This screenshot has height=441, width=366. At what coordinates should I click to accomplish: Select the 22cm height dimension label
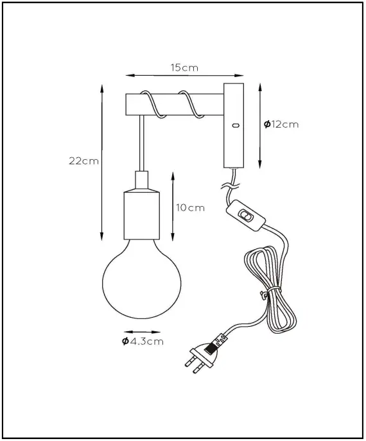(x=83, y=161)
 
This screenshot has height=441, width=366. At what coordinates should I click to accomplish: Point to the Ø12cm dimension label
(x=281, y=124)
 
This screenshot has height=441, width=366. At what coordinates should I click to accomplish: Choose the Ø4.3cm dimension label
(x=143, y=342)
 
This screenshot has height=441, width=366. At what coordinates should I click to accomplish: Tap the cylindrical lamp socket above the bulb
(x=141, y=212)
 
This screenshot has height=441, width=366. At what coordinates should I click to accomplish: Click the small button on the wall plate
(x=235, y=125)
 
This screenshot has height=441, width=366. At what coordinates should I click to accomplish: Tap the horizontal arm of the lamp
(x=173, y=103)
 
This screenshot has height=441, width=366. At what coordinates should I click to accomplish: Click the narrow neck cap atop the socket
(x=141, y=179)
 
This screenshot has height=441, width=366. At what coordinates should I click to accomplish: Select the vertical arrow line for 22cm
(x=103, y=161)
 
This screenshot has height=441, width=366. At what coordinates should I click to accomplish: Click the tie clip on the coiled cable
(x=263, y=295)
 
